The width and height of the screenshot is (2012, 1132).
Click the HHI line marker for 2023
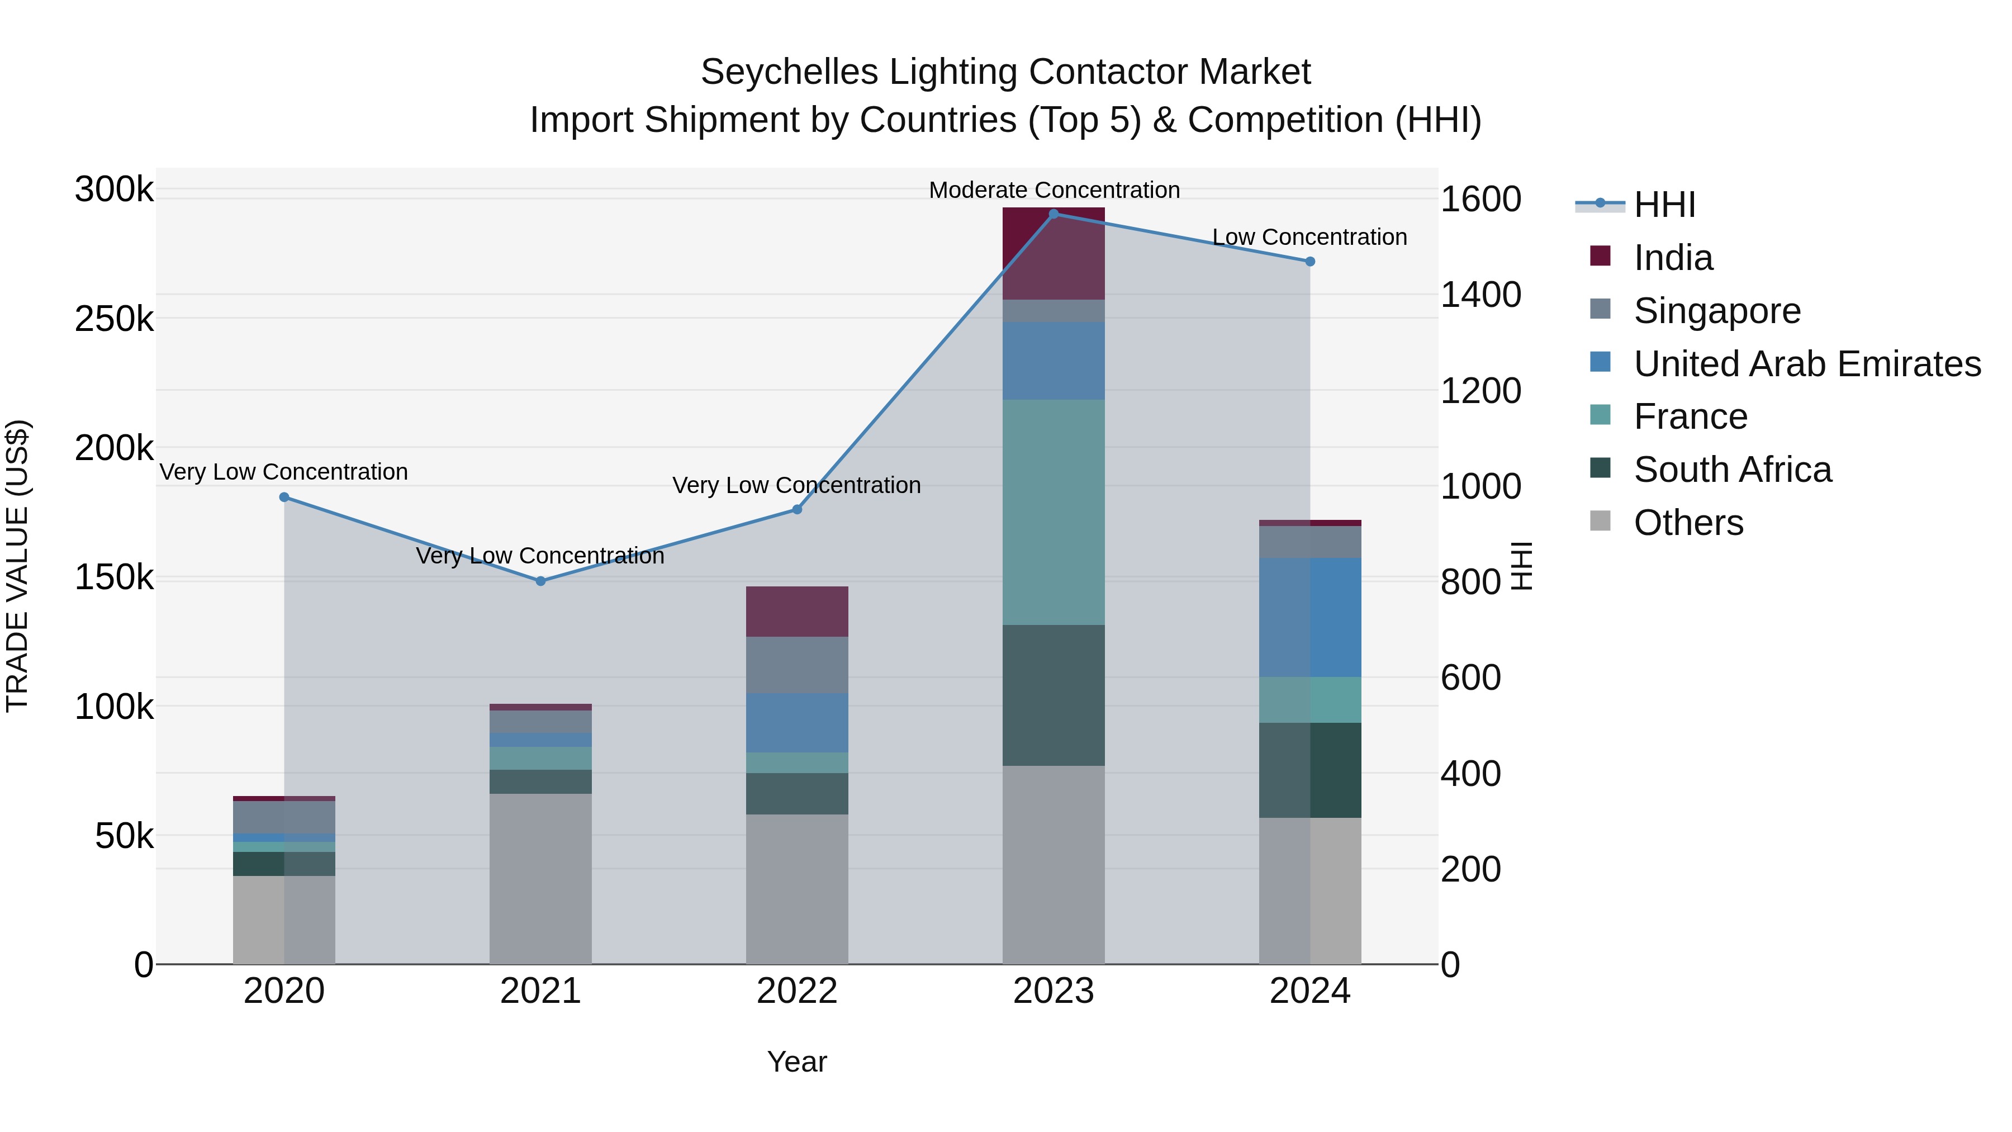point(1053,214)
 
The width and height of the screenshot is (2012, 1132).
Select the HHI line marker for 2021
point(540,581)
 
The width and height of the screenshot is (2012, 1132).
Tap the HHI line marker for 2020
point(284,498)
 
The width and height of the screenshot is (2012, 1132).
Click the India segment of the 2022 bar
point(796,612)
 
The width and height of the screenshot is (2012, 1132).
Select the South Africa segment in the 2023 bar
point(1053,695)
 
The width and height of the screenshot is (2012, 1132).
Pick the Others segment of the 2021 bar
point(540,879)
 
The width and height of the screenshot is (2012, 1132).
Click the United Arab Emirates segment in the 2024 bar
point(1310,617)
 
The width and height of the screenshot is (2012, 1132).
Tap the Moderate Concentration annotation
point(1054,190)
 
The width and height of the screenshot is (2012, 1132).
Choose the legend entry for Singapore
point(1717,311)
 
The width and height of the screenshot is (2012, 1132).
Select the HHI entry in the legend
point(1664,205)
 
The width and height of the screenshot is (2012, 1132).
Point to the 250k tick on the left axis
point(114,319)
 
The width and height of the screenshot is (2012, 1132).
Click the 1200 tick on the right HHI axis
point(1480,391)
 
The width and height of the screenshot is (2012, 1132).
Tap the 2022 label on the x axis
point(796,991)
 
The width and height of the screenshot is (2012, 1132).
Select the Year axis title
point(796,1062)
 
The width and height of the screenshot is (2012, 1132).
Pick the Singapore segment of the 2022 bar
point(796,665)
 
